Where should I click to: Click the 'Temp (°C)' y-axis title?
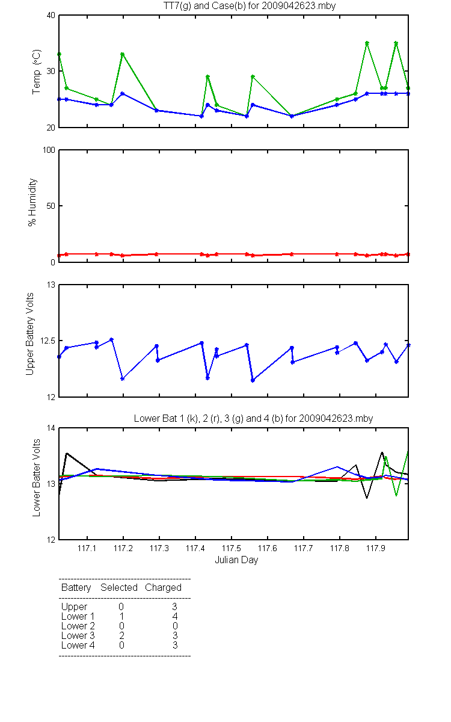coord(37,72)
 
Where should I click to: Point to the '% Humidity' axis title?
coord(32,202)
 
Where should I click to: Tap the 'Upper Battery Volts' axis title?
coord(29,334)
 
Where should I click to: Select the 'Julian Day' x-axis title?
coord(236,560)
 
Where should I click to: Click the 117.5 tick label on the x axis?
coord(232,548)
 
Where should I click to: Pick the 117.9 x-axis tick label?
coord(376,548)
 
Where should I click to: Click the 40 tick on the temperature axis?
coord(51,16)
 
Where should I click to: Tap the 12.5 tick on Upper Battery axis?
coord(48,341)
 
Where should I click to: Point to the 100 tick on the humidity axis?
coord(49,150)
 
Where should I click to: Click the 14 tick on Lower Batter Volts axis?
coord(51,428)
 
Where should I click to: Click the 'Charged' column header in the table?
coord(163,588)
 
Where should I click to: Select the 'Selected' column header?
coord(119,588)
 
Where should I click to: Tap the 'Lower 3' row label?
coord(78,635)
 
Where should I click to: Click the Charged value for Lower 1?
coord(175,616)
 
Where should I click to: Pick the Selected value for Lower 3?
coord(121,635)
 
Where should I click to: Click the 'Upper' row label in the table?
coord(74,607)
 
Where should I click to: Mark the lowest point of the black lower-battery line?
coord(367,498)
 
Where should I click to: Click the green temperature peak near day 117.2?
coord(123,55)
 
